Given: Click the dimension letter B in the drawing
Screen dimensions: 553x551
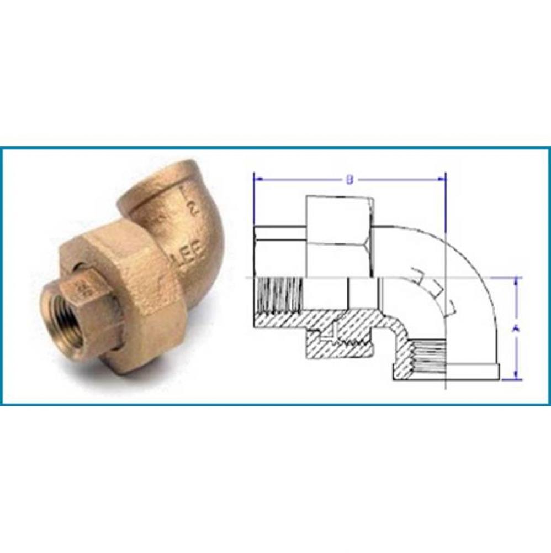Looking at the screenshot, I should [x=349, y=179].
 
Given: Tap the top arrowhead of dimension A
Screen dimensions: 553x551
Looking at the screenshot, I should [x=516, y=280].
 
